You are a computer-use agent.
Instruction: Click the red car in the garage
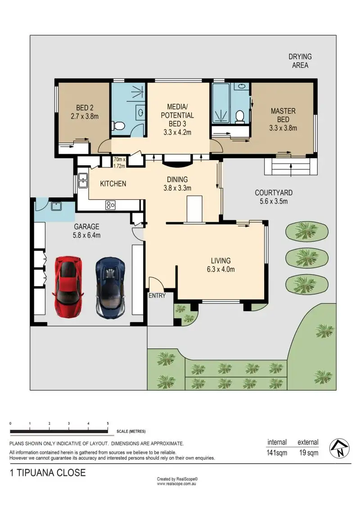[x=68, y=286]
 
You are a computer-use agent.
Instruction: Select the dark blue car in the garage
[x=110, y=287]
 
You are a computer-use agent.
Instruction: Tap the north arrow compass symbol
[x=339, y=448]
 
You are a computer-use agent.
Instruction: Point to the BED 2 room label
[x=85, y=112]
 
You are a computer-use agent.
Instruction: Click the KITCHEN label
[x=113, y=183]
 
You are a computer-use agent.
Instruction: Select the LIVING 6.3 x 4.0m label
[x=221, y=265]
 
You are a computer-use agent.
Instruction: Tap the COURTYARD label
[x=274, y=197]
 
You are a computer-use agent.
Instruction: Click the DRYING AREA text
[x=300, y=61]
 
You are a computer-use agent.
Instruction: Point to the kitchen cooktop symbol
[x=110, y=206]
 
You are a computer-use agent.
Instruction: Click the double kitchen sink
[x=82, y=180]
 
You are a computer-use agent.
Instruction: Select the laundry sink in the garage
[x=56, y=206]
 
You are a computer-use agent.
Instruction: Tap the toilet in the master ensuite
[x=239, y=117]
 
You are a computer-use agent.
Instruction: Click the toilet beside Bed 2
[x=118, y=126]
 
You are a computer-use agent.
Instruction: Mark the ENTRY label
[x=157, y=295]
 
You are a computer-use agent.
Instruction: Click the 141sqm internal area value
[x=277, y=452]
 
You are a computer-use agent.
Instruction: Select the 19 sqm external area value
[x=309, y=452]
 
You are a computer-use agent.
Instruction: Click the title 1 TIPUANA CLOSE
[x=48, y=473]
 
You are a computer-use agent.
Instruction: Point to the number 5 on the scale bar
[x=108, y=423]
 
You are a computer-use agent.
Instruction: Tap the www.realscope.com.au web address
[x=176, y=483]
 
